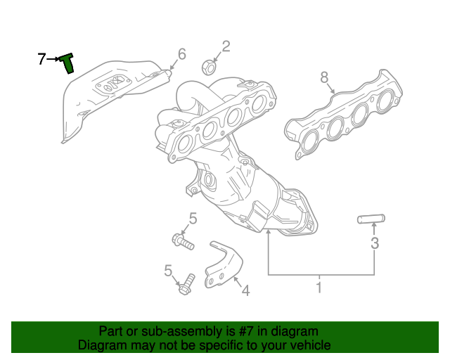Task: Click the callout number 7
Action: pos(41,59)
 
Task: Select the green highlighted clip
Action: pos(67,63)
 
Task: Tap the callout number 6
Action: pos(181,54)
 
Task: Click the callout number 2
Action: pos(226,46)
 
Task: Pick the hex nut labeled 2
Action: pos(208,67)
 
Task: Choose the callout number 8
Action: pos(324,77)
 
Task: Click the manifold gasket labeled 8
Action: pos(345,117)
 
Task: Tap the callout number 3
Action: pos(375,243)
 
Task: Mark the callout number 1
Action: pos(319,288)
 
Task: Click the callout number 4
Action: pos(245,289)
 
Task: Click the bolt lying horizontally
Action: pos(182,242)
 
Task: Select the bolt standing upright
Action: pos(186,285)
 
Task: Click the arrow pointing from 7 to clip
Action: pos(53,60)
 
